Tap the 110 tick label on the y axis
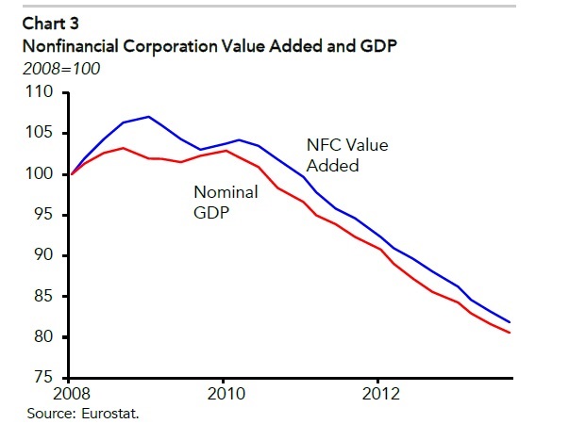coord(42,92)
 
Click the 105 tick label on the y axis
coord(42,134)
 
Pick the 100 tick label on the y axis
coord(42,174)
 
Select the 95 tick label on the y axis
coord(46,215)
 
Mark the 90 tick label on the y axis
coord(46,255)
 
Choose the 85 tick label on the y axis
coord(46,297)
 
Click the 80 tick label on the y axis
coord(46,337)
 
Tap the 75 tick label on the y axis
coord(46,378)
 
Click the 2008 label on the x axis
coord(72,393)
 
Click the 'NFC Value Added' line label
coord(348,155)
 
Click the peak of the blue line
coord(149,117)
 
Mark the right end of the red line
coord(537,333)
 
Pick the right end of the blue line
coord(537,322)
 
